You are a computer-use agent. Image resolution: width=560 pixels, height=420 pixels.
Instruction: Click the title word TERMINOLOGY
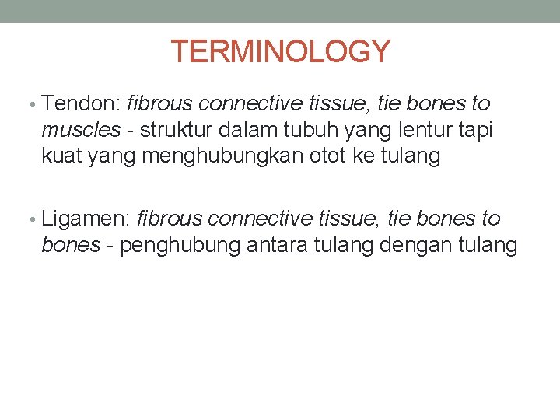pos(280,51)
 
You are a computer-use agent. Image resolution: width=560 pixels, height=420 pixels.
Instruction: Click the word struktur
pos(177,130)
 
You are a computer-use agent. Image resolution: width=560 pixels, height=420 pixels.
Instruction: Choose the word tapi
pos(474,130)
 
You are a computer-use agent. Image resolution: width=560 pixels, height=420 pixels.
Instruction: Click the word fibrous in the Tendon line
pos(159,103)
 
